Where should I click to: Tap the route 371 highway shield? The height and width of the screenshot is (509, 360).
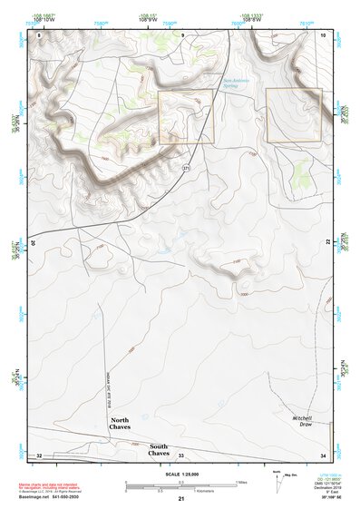(188, 168)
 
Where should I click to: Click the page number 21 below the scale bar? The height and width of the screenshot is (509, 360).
(181, 499)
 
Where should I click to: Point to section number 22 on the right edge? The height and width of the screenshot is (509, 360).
(327, 243)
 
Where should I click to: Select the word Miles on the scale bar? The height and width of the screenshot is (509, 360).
(241, 482)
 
